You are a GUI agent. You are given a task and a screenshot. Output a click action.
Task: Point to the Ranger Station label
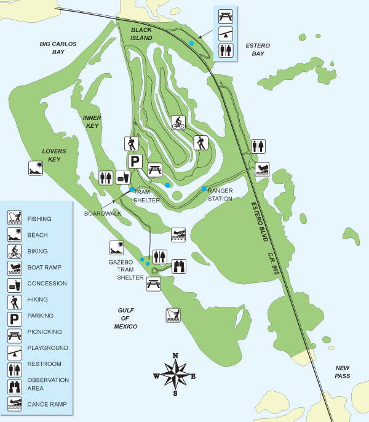coord(220,194)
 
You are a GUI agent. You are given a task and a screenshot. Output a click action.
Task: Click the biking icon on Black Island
coord(178,122)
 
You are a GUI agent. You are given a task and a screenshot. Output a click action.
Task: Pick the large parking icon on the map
coord(136,162)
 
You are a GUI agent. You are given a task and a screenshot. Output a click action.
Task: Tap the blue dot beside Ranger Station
coord(204,189)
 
